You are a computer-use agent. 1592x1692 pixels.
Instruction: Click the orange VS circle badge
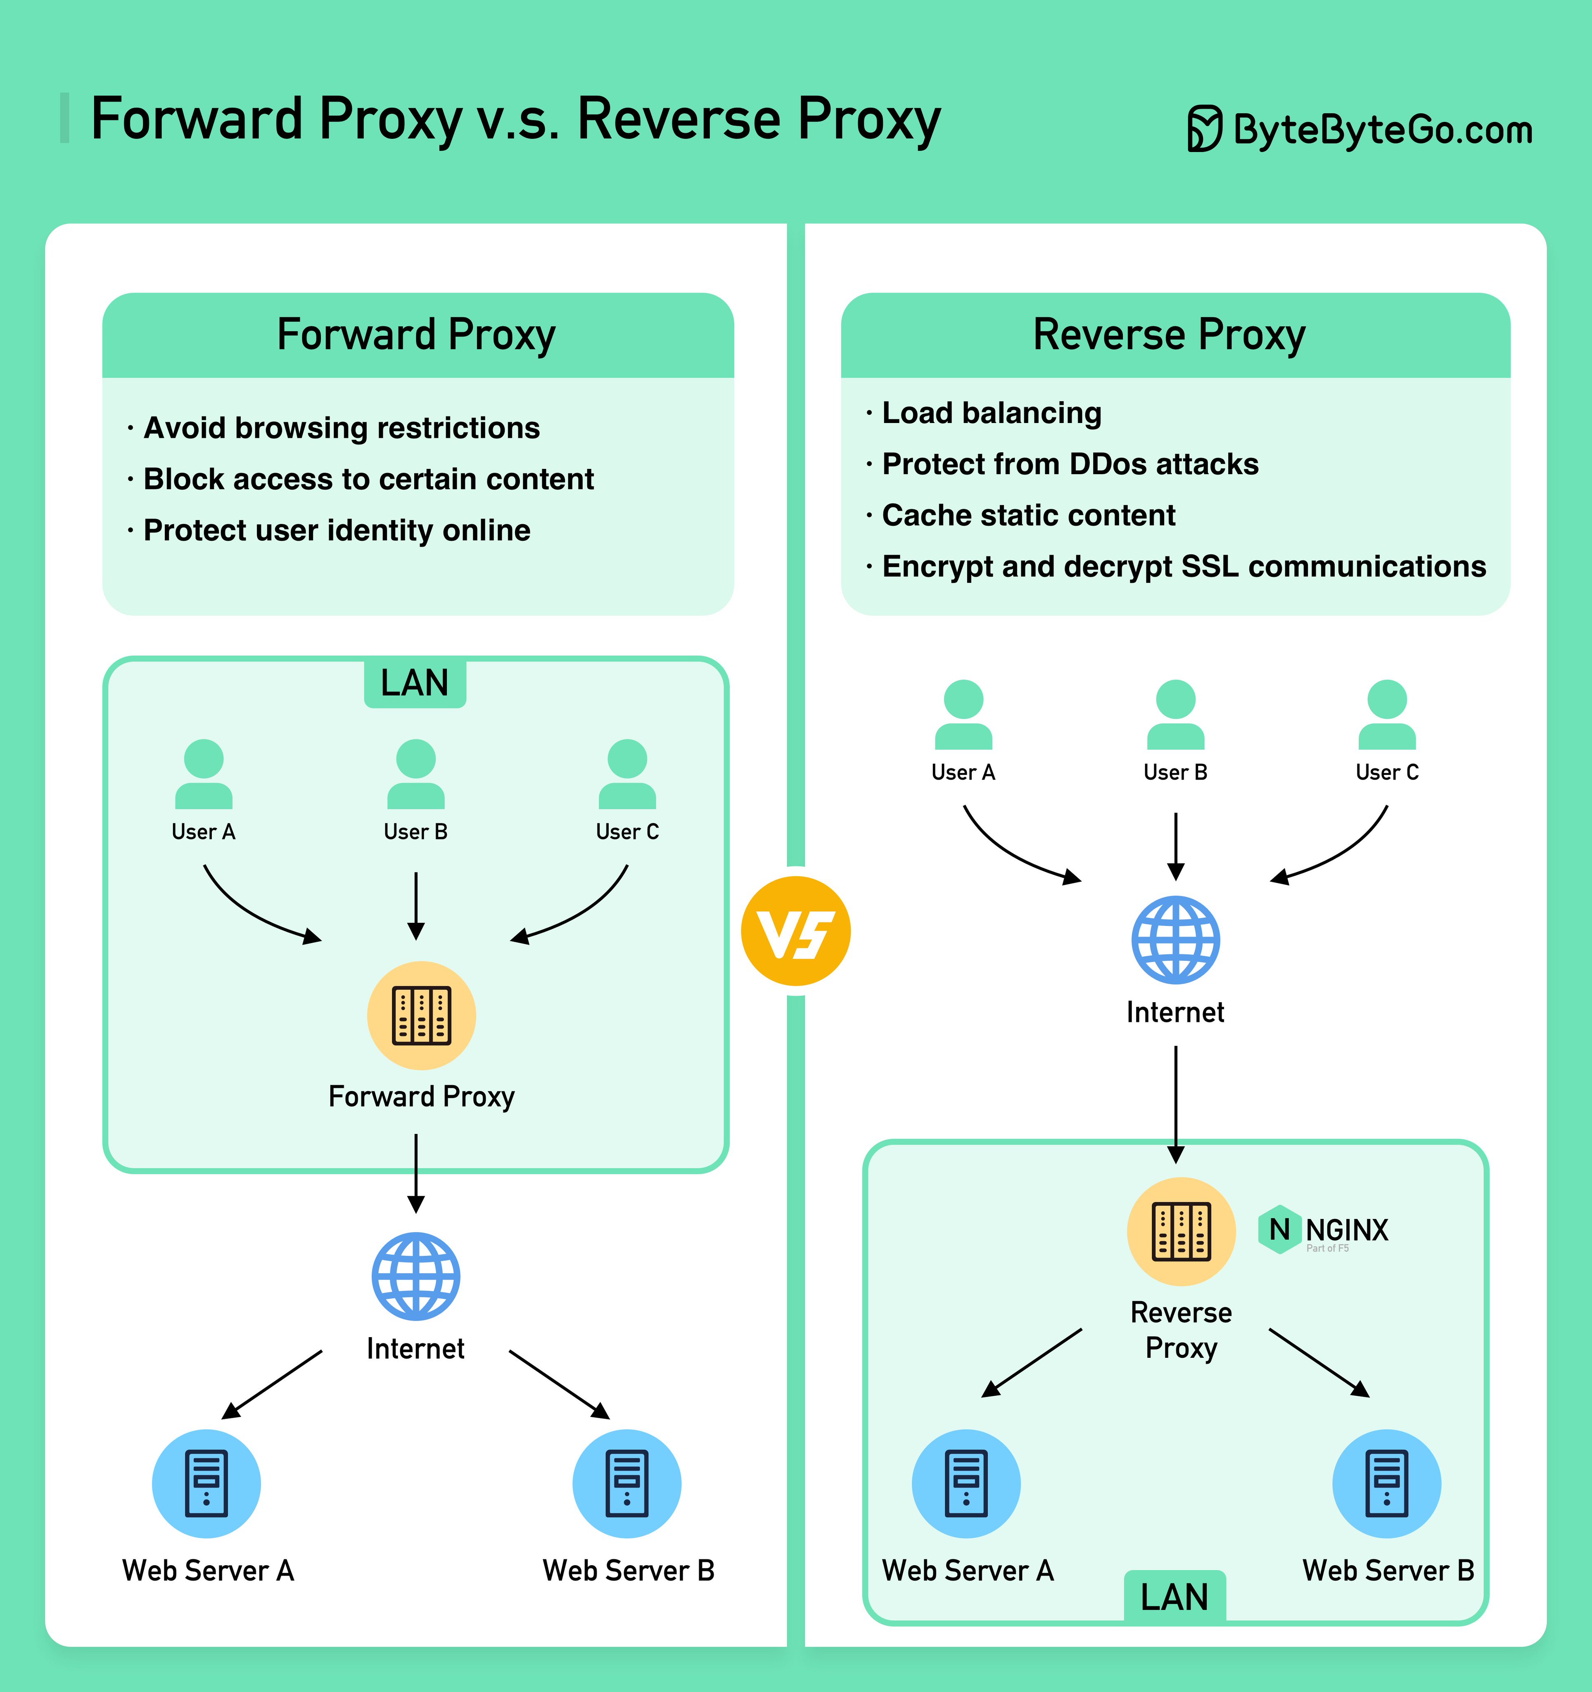(x=795, y=931)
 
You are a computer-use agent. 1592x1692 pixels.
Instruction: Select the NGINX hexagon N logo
(x=1279, y=1229)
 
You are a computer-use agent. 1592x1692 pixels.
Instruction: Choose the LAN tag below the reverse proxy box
(x=1174, y=1597)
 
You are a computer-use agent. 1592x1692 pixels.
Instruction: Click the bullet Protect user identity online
(x=337, y=530)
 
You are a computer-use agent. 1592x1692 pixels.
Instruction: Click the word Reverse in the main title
(x=678, y=119)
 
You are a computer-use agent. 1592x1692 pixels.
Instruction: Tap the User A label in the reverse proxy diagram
(x=963, y=772)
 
